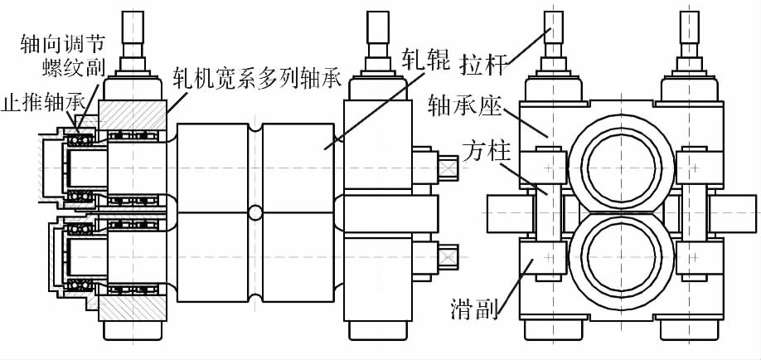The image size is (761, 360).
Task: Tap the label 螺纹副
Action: click(x=77, y=66)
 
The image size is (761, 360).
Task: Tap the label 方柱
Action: click(x=473, y=153)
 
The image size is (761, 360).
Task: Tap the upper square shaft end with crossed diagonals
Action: click(x=448, y=168)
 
